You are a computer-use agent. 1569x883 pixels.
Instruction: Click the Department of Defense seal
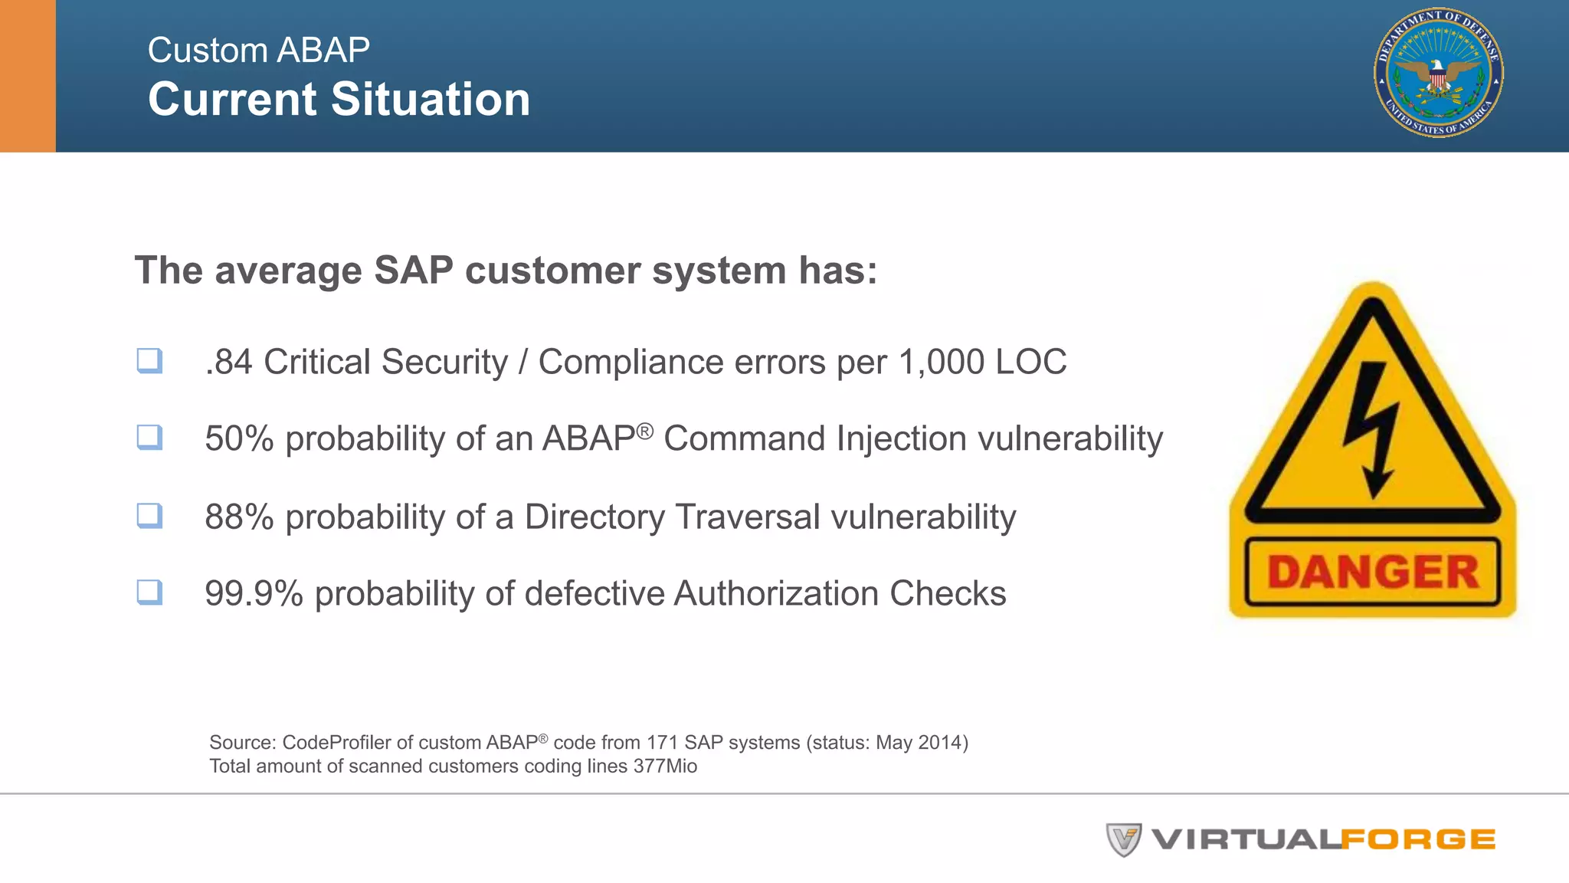tap(1438, 73)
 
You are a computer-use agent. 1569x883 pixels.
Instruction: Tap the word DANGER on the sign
tap(1372, 572)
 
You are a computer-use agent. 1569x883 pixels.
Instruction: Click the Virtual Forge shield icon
tap(1123, 839)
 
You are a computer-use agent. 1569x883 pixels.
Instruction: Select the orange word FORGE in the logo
tap(1418, 840)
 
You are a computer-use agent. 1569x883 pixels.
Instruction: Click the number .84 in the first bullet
tap(228, 363)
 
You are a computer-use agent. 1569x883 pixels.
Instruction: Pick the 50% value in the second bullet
tap(239, 439)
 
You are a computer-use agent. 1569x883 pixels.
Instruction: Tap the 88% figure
tap(239, 517)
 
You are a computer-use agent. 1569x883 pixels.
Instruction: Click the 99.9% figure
tap(254, 594)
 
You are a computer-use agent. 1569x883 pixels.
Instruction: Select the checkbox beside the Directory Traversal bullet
tap(149, 515)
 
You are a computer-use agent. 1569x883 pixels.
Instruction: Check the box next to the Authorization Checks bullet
tap(149, 592)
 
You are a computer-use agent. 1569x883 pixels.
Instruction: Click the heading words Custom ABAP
tap(258, 51)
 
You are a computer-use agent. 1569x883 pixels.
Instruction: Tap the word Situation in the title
tap(431, 100)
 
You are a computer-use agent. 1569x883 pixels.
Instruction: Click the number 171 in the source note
tap(662, 743)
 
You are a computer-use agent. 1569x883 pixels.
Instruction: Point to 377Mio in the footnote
tap(665, 766)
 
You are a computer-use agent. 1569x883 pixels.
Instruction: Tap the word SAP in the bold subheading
tap(413, 271)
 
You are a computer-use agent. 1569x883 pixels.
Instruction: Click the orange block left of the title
tap(28, 76)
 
